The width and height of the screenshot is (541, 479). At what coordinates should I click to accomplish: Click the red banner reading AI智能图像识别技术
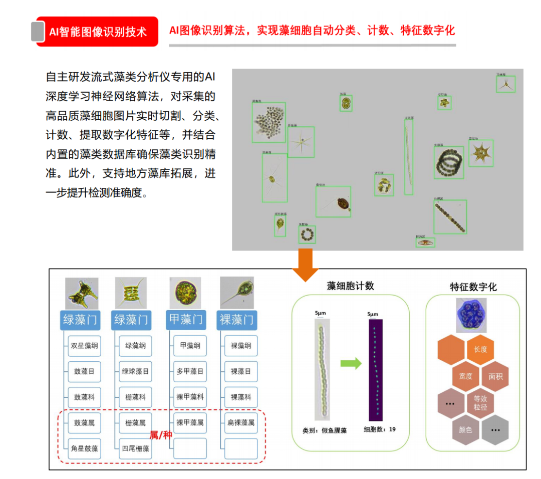98,32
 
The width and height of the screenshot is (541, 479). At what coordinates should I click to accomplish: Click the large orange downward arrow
305,264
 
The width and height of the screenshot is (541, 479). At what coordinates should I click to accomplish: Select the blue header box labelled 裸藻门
236,320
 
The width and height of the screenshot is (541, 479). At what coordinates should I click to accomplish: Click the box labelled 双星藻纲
85,346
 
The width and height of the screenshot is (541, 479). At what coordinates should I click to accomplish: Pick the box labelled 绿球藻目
136,372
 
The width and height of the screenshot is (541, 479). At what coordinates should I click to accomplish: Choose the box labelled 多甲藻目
190,372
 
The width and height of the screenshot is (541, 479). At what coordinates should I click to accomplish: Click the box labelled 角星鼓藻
85,448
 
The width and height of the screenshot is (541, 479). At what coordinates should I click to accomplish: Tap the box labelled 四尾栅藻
136,448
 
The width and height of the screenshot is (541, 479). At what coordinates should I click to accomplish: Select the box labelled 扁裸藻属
241,423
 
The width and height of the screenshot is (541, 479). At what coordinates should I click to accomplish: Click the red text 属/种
161,435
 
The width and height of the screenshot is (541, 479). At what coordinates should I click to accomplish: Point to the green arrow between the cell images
351,363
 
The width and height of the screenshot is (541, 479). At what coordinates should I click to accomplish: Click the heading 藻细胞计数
351,286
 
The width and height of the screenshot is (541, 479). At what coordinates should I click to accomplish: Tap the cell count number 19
392,429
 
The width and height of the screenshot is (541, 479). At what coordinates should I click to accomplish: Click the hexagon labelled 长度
480,349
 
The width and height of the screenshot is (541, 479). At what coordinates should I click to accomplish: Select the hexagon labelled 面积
495,376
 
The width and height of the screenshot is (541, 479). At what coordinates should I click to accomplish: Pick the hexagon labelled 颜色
466,429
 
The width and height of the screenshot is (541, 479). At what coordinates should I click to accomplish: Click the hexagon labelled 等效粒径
480,403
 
